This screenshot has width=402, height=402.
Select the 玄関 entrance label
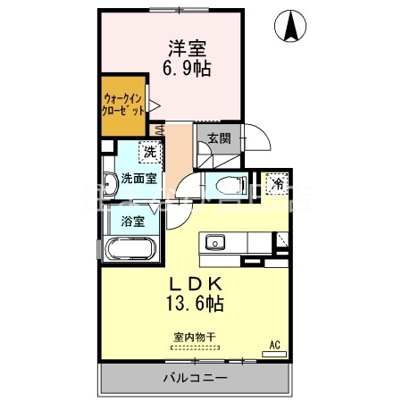tap(219, 138)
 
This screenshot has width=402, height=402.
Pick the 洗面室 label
tap(140, 178)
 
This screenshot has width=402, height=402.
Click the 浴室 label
tap(132, 220)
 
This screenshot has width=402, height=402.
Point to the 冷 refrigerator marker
tap(278, 184)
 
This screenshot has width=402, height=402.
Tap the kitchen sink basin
tap(215, 242)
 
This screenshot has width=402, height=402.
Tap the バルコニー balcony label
tap(194, 378)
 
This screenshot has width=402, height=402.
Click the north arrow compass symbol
tap(291, 27)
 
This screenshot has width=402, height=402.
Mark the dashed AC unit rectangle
tap(274, 353)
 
